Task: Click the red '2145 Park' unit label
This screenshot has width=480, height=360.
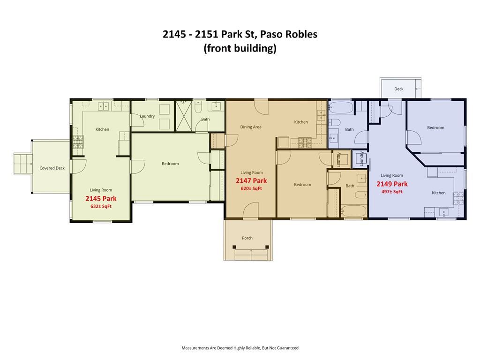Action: pos(101,199)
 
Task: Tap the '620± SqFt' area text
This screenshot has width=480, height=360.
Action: pos(251,188)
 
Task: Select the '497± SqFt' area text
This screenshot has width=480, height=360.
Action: pos(392,192)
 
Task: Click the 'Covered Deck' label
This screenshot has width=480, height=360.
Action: pos(52,168)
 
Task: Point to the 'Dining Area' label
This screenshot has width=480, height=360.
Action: pos(251,127)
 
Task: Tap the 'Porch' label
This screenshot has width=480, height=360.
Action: pos(247,238)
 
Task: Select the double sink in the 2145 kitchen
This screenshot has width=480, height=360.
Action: pos(104,106)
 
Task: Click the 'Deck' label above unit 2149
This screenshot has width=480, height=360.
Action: pos(398,89)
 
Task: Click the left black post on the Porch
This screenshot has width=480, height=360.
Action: pos(233,247)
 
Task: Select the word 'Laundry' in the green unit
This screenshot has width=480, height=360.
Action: pos(147,116)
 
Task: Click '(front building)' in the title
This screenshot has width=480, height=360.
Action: pos(240,48)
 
